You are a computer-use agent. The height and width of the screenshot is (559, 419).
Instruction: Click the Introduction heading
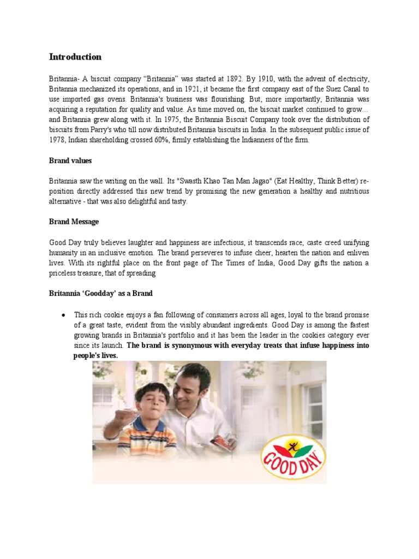[x=75, y=57]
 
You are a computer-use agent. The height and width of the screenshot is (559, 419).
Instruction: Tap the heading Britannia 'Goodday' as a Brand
[x=101, y=294]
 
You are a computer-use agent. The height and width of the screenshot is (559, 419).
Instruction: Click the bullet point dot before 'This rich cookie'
[x=64, y=316]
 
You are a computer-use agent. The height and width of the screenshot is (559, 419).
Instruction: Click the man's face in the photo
[x=191, y=386]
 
